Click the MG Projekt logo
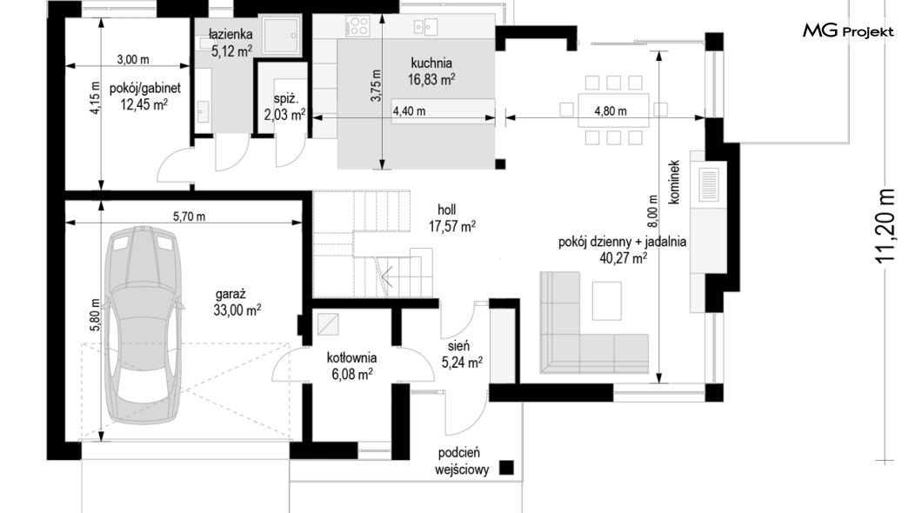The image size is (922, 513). click(848, 31)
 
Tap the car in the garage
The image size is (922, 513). click(142, 325)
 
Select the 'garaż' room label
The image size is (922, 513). click(230, 295)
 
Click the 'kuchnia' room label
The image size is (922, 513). click(431, 63)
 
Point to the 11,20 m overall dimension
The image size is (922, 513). click(885, 226)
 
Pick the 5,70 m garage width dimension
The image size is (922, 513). click(190, 217)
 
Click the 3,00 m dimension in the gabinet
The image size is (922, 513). click(133, 59)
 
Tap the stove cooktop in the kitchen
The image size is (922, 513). click(357, 25)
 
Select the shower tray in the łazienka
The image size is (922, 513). click(281, 36)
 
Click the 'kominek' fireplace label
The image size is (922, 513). click(674, 183)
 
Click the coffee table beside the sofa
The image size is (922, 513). click(607, 301)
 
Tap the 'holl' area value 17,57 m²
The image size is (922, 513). click(452, 226)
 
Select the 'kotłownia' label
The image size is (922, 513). click(351, 357)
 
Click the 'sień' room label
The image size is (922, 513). click(458, 346)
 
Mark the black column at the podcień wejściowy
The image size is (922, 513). click(506, 467)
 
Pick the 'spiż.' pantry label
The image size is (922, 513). click(286, 99)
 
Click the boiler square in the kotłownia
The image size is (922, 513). click(328, 324)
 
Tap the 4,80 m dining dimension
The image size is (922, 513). click(611, 111)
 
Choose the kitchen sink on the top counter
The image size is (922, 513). click(425, 26)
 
